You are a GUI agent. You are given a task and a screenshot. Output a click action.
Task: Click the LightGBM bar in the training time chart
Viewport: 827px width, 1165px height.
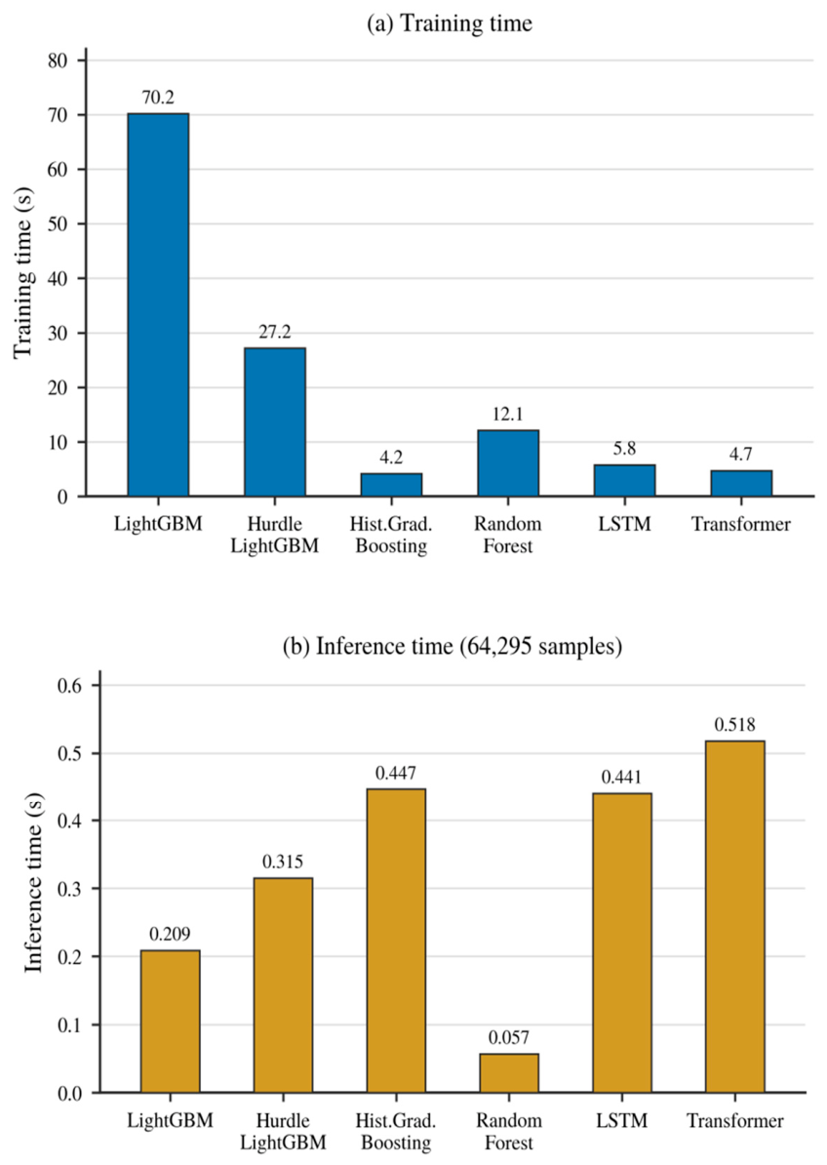click(158, 304)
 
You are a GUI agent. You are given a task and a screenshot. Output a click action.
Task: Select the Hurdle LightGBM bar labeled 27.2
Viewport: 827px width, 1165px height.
click(275, 422)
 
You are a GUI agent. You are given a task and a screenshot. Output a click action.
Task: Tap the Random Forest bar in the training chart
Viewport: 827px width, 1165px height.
click(508, 462)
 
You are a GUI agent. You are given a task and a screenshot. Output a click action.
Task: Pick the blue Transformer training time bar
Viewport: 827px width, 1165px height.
click(741, 483)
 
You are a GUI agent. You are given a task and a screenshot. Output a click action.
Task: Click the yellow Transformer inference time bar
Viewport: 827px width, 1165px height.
click(735, 916)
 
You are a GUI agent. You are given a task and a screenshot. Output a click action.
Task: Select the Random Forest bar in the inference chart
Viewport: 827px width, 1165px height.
click(509, 1073)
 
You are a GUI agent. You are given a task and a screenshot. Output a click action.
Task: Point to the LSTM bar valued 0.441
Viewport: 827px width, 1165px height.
click(622, 943)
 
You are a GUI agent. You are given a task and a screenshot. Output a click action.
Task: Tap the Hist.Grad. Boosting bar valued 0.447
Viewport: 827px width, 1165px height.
click(396, 941)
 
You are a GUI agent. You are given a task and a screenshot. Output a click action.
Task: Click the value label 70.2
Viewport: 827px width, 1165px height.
click(158, 98)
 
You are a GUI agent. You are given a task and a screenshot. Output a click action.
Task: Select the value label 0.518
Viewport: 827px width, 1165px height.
click(735, 724)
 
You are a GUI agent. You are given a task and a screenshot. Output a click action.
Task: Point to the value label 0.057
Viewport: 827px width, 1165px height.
click(509, 1038)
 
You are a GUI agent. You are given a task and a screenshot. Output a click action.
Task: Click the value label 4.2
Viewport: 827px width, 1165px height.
click(391, 457)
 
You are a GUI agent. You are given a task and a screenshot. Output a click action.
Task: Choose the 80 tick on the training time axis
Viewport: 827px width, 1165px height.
click(58, 60)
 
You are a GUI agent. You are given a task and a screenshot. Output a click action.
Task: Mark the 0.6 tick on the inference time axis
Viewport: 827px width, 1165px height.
click(73, 685)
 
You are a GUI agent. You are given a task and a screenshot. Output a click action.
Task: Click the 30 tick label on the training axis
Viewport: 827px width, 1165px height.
click(58, 333)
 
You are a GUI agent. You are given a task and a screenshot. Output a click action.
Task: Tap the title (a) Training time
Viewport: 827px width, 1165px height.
click(450, 23)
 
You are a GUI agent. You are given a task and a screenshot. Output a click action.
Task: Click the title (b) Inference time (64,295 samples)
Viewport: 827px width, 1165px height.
click(453, 646)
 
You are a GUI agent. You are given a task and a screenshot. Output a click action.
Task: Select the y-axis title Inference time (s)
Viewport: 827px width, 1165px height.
click(34, 883)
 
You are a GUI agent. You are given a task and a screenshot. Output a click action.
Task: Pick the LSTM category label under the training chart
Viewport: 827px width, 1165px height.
click(624, 524)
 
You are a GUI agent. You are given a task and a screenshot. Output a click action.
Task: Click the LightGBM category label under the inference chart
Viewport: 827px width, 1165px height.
click(170, 1120)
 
